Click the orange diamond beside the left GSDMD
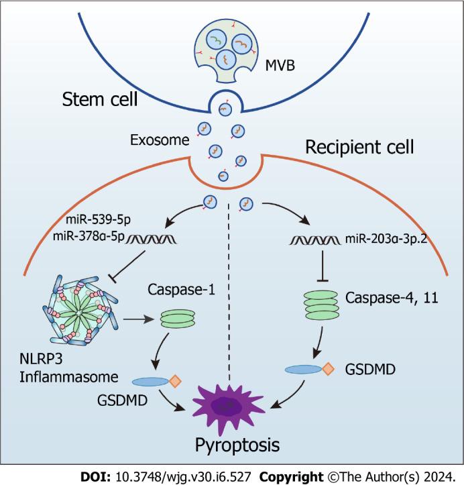(x=174, y=382)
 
